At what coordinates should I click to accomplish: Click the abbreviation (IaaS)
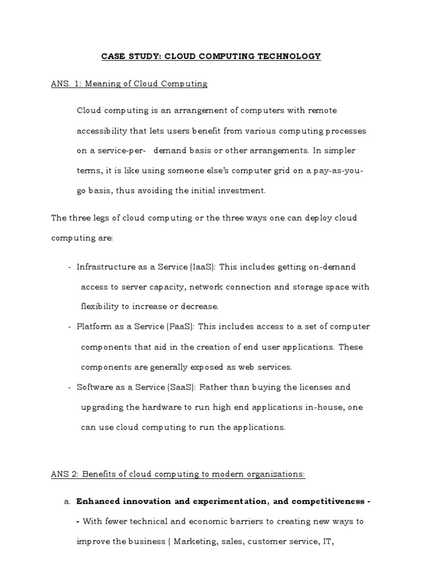(x=200, y=267)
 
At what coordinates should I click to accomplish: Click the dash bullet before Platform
(x=70, y=327)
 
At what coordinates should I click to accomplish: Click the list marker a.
(x=67, y=502)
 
